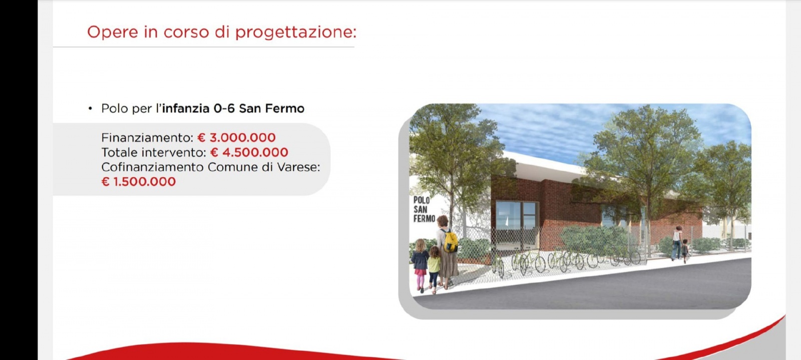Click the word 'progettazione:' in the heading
tap(295, 33)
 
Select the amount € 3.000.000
tap(236, 138)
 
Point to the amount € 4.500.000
tap(249, 152)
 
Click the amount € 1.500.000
tap(139, 182)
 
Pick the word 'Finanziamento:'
tap(147, 138)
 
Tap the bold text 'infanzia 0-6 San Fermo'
tap(233, 109)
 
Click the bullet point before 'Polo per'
tap(90, 109)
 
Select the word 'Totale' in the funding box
tap(119, 152)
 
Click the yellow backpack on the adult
tap(450, 241)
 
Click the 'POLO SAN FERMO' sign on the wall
tap(424, 209)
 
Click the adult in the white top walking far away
tap(676, 243)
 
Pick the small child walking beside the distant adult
tap(684, 250)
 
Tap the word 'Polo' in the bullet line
tap(115, 109)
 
